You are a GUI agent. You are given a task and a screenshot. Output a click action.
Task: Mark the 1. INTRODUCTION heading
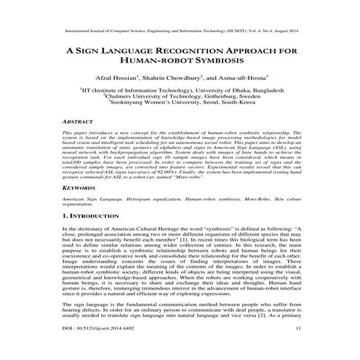[x=100, y=236]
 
